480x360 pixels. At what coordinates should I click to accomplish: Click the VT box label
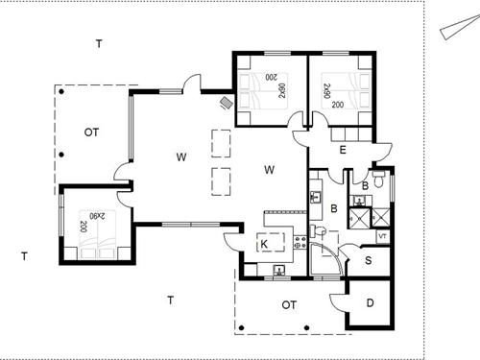(x=382, y=235)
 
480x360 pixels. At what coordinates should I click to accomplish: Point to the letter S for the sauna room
(x=369, y=260)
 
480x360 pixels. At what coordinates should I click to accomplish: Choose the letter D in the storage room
(x=371, y=304)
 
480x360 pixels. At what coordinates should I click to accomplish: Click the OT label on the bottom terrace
(x=289, y=305)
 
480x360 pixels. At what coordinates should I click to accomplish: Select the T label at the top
(x=99, y=43)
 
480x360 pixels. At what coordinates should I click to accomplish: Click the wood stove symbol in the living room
(x=227, y=101)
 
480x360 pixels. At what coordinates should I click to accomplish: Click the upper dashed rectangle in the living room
(x=220, y=141)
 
